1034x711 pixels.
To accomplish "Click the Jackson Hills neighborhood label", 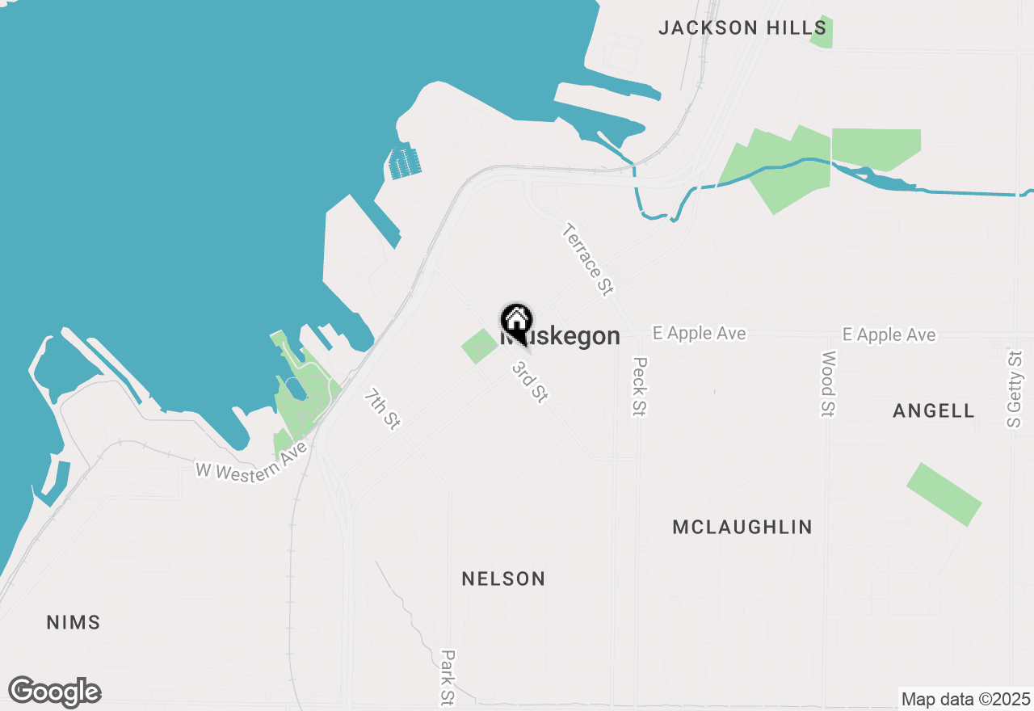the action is pyautogui.click(x=742, y=28).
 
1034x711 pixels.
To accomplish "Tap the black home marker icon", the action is pyautogui.click(x=517, y=321).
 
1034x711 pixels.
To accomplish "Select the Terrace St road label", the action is pyautogui.click(x=587, y=259).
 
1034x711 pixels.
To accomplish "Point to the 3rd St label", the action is pyautogui.click(x=531, y=381).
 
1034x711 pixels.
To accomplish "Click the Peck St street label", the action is pyautogui.click(x=640, y=386).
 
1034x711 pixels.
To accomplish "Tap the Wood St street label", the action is pyautogui.click(x=828, y=384).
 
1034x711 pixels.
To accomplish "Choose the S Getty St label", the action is pyautogui.click(x=1015, y=389).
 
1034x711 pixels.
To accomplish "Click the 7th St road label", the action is pyautogui.click(x=381, y=409).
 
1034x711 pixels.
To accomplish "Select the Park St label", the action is pyautogui.click(x=447, y=677).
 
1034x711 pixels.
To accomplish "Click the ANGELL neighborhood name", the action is pyautogui.click(x=934, y=410).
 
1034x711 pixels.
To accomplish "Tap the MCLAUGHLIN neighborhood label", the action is pyautogui.click(x=742, y=527).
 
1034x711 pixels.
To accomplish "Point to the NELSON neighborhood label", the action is pyautogui.click(x=503, y=578).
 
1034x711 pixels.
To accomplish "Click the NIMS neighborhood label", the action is pyautogui.click(x=74, y=622).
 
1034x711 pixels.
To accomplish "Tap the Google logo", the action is pyautogui.click(x=54, y=692).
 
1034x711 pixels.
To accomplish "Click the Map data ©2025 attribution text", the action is pyautogui.click(x=965, y=699).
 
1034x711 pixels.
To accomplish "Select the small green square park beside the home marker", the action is pyautogui.click(x=479, y=346).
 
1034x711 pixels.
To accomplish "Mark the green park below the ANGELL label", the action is pyautogui.click(x=944, y=494).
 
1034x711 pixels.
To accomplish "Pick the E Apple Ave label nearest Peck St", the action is pyautogui.click(x=700, y=334).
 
